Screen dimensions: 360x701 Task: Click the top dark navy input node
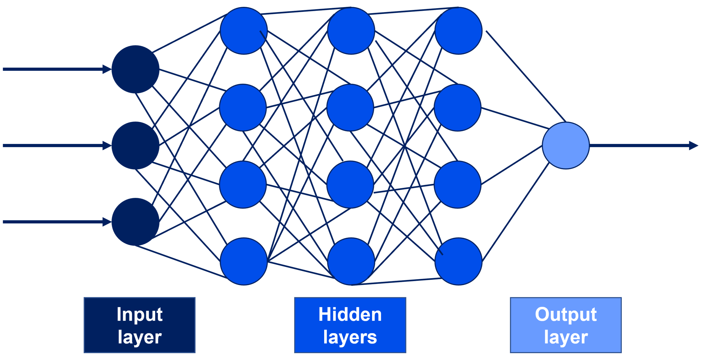[x=135, y=69]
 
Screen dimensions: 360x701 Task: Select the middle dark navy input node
[x=135, y=145]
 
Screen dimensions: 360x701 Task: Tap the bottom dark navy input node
[x=135, y=222]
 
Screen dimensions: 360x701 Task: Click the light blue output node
[x=566, y=145]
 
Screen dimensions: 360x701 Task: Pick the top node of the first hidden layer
[x=243, y=31]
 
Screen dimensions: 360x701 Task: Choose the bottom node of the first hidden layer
[x=243, y=261]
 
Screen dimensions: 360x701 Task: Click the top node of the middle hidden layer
[x=351, y=31]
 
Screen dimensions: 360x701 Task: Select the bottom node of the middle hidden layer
[x=351, y=261]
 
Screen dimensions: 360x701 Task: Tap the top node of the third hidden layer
[x=458, y=31]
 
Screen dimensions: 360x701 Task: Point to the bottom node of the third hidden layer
[x=458, y=261]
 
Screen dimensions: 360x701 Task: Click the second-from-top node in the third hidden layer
[x=457, y=108]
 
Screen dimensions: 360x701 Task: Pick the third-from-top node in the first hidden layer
[x=243, y=185]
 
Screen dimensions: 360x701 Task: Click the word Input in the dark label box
[x=140, y=315]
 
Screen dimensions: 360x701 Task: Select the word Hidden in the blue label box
[x=350, y=315]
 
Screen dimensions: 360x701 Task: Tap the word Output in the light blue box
[x=566, y=315]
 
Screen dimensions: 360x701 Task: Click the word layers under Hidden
[x=350, y=337]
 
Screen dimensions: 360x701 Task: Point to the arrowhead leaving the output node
[x=693, y=145]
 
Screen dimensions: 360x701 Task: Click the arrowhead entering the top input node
[x=107, y=69]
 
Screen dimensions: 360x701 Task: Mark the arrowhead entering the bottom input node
[x=107, y=222]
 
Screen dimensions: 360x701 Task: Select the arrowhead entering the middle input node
[x=107, y=145]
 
